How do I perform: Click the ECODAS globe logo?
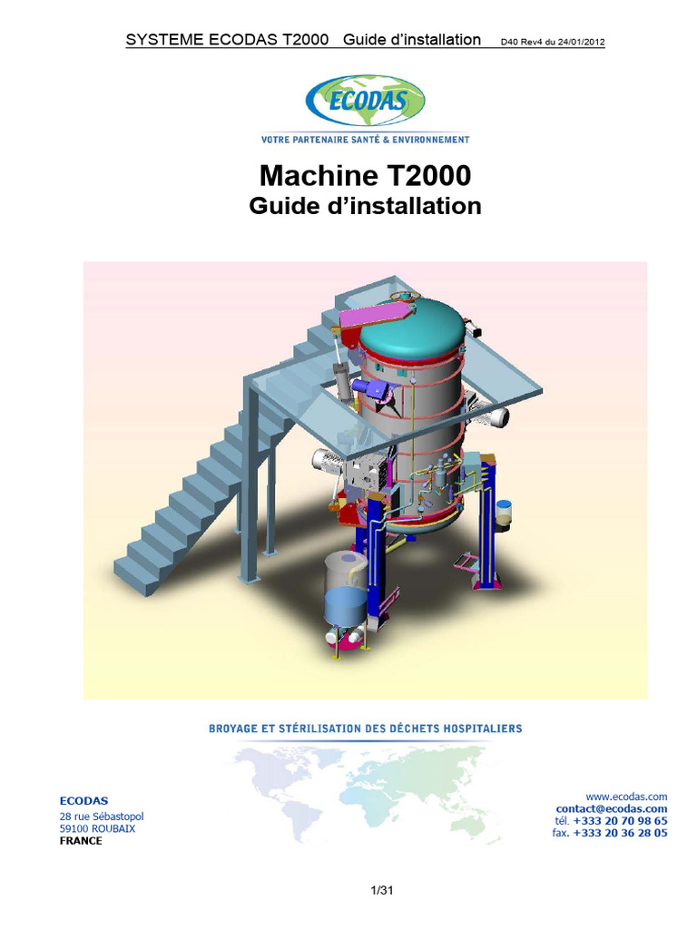365,101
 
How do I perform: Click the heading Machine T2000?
365,174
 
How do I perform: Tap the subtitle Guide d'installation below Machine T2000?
365,206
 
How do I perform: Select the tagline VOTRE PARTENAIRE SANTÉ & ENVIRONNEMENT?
365,140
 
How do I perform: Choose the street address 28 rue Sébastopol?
101,817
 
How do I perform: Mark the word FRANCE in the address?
81,841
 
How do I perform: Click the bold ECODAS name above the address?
83,800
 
